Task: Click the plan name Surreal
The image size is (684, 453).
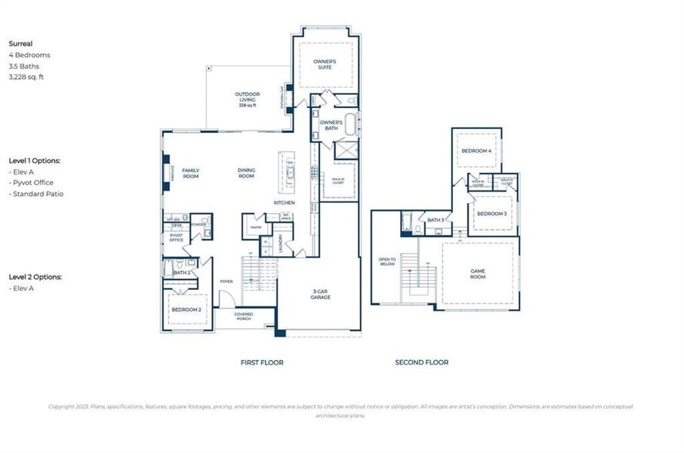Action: pos(20,44)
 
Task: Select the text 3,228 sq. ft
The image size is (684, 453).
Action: pos(26,76)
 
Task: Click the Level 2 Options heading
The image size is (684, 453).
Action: pos(35,277)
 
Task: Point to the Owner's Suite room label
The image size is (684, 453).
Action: pos(325,63)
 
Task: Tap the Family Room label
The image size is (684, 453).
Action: pos(190,173)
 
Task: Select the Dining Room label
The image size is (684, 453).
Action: pos(246,173)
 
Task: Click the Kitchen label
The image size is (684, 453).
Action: pos(284,203)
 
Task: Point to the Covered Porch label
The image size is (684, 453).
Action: pos(243,316)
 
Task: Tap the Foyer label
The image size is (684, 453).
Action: pos(226,282)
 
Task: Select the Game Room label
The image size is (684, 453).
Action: pos(478,274)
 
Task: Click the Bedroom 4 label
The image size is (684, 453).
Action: pos(476,151)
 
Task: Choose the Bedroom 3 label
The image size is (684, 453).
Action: pos(492,214)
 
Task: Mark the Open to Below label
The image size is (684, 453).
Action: pos(387,263)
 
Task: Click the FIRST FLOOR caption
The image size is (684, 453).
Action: pos(262,362)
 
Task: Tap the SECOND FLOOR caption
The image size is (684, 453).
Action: pos(421,362)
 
